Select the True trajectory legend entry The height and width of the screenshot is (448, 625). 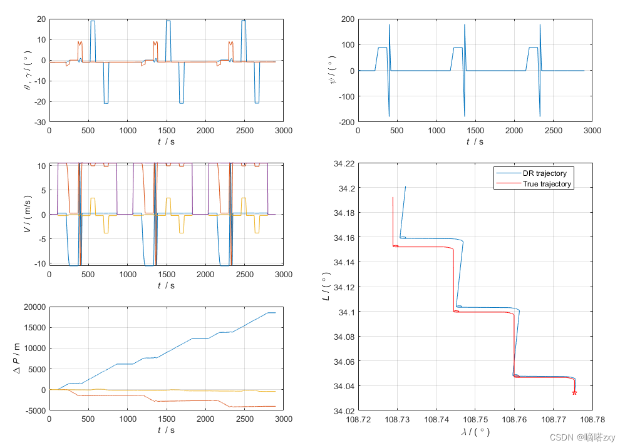547,184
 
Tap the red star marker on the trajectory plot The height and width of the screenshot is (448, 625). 574,392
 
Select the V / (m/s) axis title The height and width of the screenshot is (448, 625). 27,215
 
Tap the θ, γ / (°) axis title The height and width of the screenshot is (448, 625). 27,71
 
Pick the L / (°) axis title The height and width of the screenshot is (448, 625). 326,287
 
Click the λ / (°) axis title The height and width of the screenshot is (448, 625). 475,432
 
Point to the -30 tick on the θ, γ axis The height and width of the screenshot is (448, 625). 39,123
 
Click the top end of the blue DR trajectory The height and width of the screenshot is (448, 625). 405,186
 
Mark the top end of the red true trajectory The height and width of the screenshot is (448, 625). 393,198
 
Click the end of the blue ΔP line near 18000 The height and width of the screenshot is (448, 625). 275,313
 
